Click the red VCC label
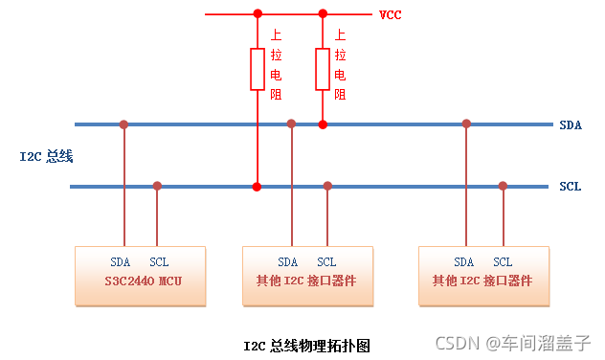point(391,15)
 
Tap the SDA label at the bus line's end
point(570,125)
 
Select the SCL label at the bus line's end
point(570,187)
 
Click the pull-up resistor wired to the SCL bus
point(257,69)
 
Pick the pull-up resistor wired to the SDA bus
point(323,69)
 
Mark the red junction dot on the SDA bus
point(323,124)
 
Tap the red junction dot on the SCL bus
point(257,186)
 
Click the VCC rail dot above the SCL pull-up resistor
point(257,14)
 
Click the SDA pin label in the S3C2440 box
point(120,262)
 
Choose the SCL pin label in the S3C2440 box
point(159,262)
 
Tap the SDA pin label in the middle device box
point(288,262)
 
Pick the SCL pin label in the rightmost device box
point(503,262)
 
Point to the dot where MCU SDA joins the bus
point(123,124)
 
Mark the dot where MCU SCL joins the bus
point(158,186)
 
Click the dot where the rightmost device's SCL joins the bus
point(503,186)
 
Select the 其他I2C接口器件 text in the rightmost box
point(482,281)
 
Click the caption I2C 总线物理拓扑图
point(306,345)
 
